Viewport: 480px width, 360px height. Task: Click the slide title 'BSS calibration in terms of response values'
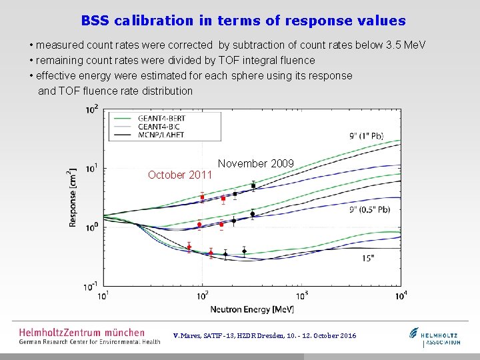point(243,21)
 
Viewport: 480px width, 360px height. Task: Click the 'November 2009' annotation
point(256,163)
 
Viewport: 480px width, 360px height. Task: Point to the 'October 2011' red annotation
point(180,175)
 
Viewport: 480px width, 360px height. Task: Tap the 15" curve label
point(368,258)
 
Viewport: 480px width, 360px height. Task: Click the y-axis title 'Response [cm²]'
point(72,197)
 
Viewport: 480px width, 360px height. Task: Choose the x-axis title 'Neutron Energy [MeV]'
point(252,309)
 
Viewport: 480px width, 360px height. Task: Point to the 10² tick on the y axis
point(91,109)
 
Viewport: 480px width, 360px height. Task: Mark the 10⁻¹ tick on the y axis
point(91,287)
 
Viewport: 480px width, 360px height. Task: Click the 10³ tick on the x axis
point(302,296)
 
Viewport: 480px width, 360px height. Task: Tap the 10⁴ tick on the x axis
point(401,296)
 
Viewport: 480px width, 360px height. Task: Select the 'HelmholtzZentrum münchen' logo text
point(81,332)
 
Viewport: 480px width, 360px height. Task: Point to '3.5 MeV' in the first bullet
point(405,45)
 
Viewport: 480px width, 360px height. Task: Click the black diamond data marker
point(245,251)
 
